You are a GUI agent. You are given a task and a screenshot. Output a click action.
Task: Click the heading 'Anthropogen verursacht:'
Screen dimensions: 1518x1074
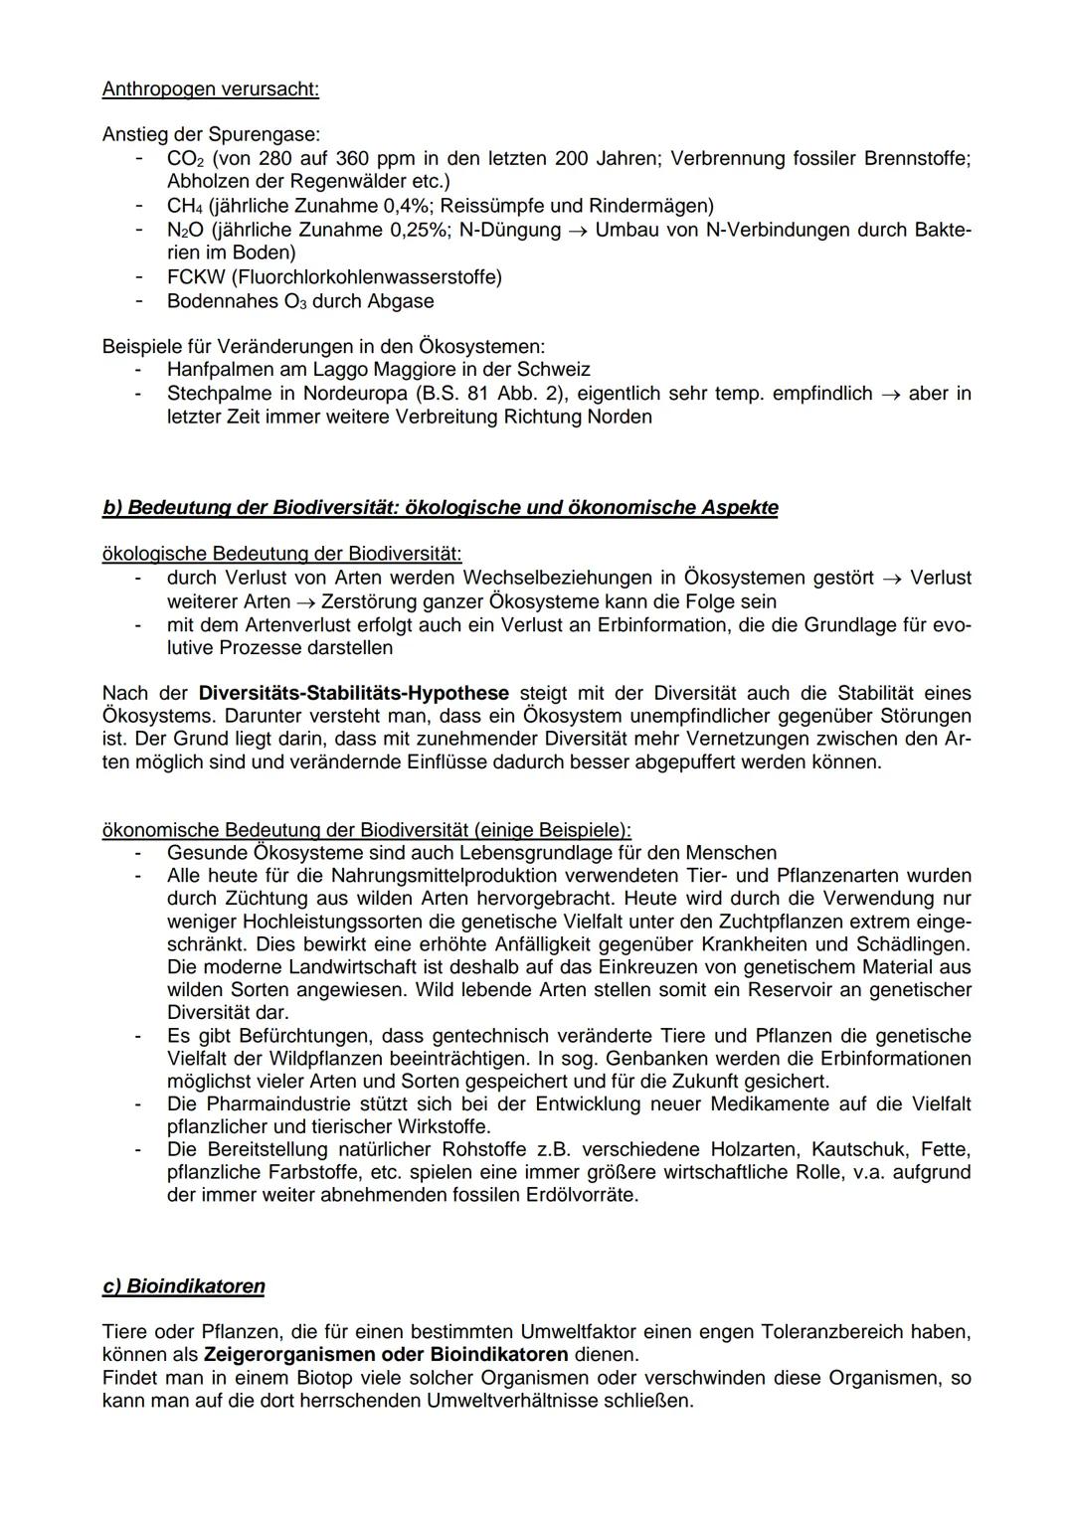click(x=210, y=89)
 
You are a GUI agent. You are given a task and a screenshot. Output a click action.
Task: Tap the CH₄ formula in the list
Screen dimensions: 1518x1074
click(x=184, y=206)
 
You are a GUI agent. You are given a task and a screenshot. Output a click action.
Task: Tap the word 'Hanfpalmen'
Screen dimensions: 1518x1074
click(x=215, y=369)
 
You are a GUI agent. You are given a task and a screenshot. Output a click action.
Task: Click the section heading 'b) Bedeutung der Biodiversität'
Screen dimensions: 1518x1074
click(x=440, y=508)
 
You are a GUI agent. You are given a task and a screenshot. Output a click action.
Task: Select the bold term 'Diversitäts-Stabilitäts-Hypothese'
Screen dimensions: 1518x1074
click(x=353, y=693)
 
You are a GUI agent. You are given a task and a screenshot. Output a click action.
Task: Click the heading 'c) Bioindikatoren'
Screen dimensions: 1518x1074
click(x=184, y=1286)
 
